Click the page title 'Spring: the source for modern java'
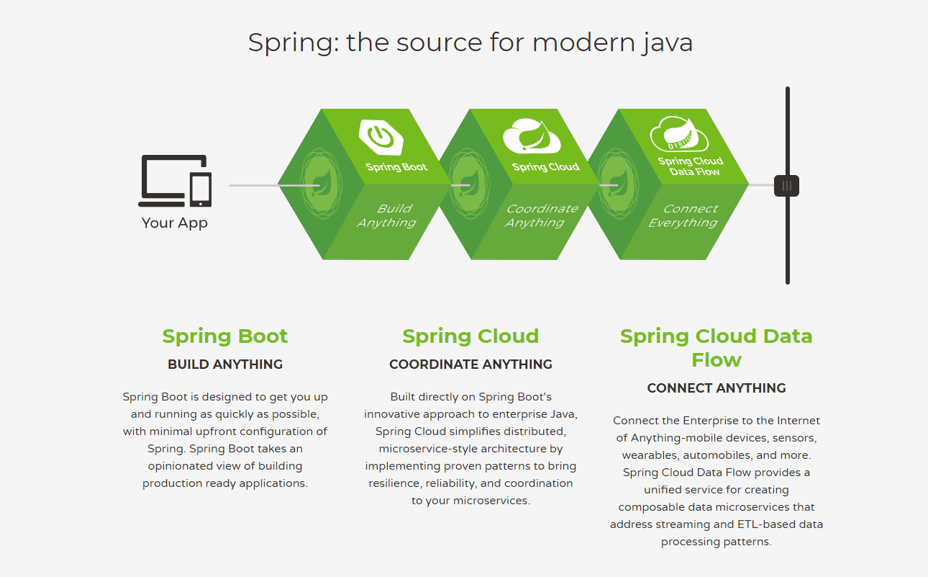(470, 43)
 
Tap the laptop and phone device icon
(175, 179)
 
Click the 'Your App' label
(175, 223)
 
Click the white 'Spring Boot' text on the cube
(396, 167)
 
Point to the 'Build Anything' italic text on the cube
(388, 215)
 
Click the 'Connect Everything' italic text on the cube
(684, 215)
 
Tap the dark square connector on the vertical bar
(787, 186)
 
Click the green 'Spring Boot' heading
(225, 336)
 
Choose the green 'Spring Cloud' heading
(470, 336)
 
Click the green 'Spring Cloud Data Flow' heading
(717, 347)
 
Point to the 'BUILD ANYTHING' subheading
(225, 364)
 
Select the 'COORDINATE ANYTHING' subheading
(470, 364)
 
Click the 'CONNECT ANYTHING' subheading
(717, 388)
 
